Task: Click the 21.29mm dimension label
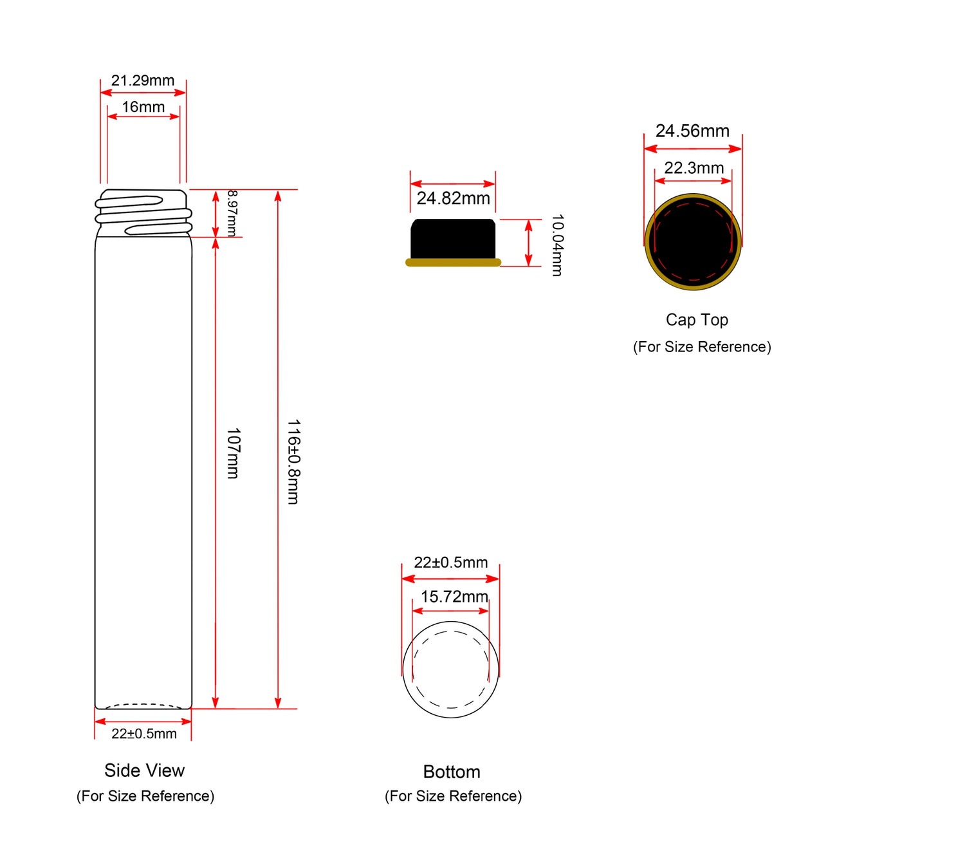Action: (142, 80)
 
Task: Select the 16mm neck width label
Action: (143, 107)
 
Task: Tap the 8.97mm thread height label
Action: (232, 212)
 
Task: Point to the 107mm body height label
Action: (233, 452)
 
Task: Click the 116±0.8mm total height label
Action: (293, 462)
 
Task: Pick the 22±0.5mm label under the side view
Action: (144, 733)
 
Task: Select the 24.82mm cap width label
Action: (453, 198)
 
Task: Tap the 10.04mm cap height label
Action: (556, 245)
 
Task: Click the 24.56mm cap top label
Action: (692, 131)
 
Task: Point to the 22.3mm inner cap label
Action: (694, 168)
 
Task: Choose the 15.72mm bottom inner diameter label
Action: (454, 596)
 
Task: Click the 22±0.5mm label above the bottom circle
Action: (450, 562)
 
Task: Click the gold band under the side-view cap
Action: (453, 262)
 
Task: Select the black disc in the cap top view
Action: (693, 241)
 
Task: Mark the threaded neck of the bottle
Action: (143, 213)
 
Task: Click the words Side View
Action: (144, 770)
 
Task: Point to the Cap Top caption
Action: (697, 319)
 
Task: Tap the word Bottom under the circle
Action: (452, 772)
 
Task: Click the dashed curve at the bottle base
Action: (143, 704)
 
